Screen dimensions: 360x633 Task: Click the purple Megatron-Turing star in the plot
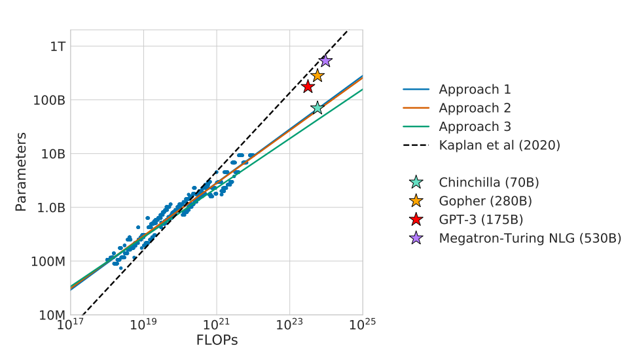[325, 61]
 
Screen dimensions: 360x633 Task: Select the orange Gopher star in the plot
[317, 76]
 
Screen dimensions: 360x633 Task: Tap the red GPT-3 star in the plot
[308, 87]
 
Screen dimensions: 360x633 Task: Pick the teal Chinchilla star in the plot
[317, 108]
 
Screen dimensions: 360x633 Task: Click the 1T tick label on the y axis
[57, 46]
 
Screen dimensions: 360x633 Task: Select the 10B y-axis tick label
[53, 154]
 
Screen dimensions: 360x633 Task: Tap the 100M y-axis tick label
[49, 261]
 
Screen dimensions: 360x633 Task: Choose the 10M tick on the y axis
[52, 315]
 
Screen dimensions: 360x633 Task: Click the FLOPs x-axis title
[217, 340]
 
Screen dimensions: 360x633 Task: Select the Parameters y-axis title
[21, 172]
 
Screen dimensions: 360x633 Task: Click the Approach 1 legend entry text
[475, 90]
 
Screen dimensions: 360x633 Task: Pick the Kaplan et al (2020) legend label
[499, 145]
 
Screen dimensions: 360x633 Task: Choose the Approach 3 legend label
[475, 127]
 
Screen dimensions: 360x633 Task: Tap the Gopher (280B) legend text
[485, 201]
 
